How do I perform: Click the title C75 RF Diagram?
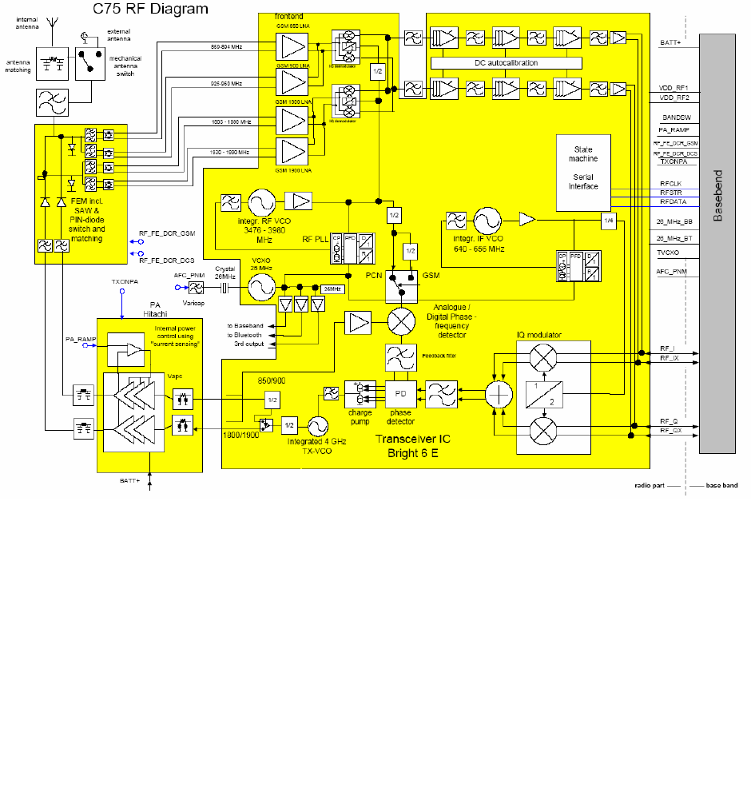point(151,10)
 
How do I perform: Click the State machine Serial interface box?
point(583,173)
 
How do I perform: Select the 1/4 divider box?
point(609,221)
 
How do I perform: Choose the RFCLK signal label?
point(670,183)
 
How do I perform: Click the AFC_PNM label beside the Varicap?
point(185,275)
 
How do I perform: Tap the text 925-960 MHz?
point(226,83)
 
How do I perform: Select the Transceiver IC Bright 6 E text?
point(408,446)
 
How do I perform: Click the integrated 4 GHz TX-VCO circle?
point(318,424)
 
